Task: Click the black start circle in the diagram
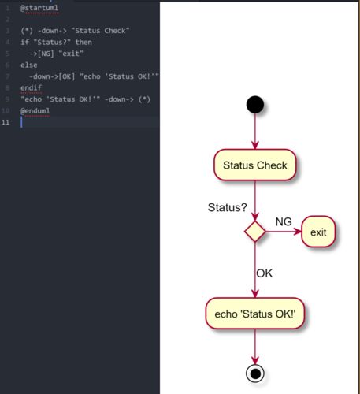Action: tap(255, 105)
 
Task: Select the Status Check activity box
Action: tap(255, 165)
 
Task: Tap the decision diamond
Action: tap(255, 232)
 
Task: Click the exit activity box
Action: tap(318, 232)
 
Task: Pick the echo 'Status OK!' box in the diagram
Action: tap(255, 314)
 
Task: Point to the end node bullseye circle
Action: tap(255, 374)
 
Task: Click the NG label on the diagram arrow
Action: tap(284, 221)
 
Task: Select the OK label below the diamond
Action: tap(265, 273)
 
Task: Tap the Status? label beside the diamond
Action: tap(228, 207)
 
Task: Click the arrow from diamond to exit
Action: tap(284, 232)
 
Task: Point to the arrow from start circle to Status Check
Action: tap(255, 132)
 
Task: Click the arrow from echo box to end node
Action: tap(255, 347)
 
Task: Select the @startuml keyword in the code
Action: tap(39, 8)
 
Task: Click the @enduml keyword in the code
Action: tap(35, 110)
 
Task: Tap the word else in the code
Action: tap(29, 65)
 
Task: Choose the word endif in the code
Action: tap(32, 87)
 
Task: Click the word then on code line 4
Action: tap(84, 42)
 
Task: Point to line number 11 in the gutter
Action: tap(6, 122)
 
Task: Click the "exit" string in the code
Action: tap(71, 54)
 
